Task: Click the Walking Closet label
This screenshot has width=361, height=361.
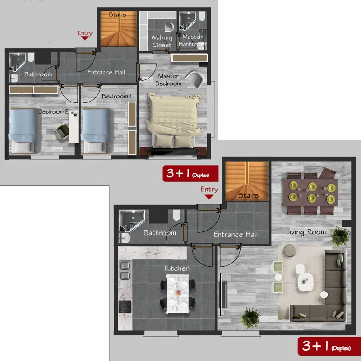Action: click(162, 41)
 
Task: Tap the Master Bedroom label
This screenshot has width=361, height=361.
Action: click(168, 80)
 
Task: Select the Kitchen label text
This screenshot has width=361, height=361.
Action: click(177, 268)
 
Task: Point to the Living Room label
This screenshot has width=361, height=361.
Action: click(306, 232)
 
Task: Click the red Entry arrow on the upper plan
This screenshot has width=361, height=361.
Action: click(85, 38)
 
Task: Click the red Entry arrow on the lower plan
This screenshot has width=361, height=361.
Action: click(209, 197)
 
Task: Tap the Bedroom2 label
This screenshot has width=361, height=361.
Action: click(53, 111)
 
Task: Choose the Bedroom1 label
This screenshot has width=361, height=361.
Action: click(116, 96)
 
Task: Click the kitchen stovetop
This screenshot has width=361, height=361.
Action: click(125, 307)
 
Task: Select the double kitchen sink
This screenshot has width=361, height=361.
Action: click(125, 274)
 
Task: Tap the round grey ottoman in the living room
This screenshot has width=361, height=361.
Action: click(289, 250)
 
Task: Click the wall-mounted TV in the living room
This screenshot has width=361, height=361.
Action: click(222, 294)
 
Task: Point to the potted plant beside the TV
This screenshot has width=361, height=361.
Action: click(250, 318)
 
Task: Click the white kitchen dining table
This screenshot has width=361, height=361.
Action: click(177, 294)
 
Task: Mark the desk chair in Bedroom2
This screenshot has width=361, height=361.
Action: click(62, 132)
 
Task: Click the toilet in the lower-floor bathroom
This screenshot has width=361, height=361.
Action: click(176, 215)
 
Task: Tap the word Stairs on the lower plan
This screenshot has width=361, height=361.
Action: click(249, 195)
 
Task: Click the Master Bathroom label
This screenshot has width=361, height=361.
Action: click(193, 40)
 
